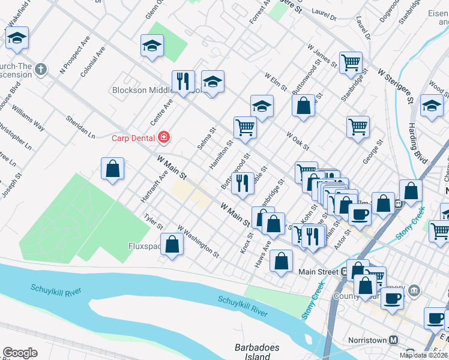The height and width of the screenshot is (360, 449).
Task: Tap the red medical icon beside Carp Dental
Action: [x=163, y=138]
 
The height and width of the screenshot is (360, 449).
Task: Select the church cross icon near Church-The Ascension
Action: [x=41, y=68]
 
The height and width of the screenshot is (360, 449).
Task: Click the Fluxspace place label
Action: [x=145, y=246]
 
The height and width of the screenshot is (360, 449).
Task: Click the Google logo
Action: [x=20, y=353]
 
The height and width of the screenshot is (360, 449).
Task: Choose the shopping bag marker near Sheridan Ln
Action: [x=112, y=169]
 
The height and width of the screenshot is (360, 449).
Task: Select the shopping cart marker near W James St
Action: [x=351, y=62]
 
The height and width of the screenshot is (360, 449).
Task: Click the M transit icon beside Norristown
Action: [x=394, y=340]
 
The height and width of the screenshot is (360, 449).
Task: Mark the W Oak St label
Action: [x=298, y=142]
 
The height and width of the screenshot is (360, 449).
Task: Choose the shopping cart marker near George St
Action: [x=358, y=126]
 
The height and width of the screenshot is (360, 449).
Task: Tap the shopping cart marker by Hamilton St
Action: [x=245, y=127]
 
